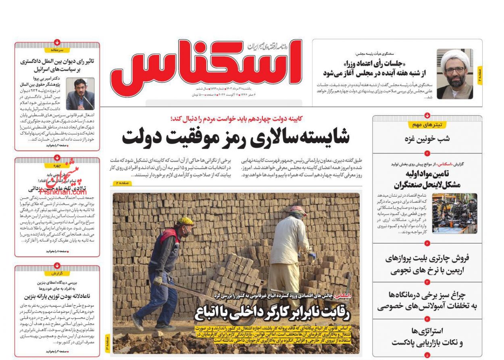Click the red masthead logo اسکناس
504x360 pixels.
pyautogui.click(x=206, y=67)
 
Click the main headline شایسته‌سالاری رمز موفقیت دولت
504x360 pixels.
pyautogui.click(x=236, y=137)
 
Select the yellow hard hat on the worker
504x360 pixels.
pyautogui.click(x=185, y=221)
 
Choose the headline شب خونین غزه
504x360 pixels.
pyautogui.click(x=427, y=139)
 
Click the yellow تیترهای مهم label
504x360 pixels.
pyautogui.click(x=427, y=125)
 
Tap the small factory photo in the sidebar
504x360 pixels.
pyautogui.click(x=454, y=213)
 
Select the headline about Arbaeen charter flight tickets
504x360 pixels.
pyautogui.click(x=427, y=264)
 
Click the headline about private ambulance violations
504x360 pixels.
pyautogui.click(x=427, y=301)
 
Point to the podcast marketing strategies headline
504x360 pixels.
pyautogui.click(x=427, y=337)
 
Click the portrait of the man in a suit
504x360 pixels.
pyautogui.click(x=80, y=94)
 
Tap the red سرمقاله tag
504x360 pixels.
pyautogui.click(x=57, y=50)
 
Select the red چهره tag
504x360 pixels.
pyautogui.click(x=57, y=165)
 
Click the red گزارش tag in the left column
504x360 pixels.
pyautogui.click(x=57, y=273)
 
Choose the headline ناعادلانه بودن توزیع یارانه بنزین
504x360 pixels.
pyautogui.click(x=57, y=296)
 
